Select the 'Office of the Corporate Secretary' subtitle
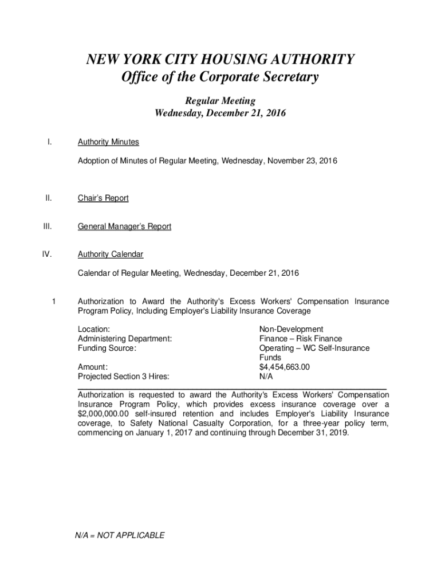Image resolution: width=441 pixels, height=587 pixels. [x=220, y=77]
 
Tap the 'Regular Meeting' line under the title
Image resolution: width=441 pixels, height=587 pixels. [x=220, y=101]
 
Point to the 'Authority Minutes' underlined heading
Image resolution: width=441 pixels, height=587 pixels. [x=108, y=142]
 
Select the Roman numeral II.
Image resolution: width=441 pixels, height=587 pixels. [x=49, y=198]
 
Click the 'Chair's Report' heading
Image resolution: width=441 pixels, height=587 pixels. [x=103, y=198]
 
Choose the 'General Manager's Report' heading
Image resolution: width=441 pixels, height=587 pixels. [x=124, y=226]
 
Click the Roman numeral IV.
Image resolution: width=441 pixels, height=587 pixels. [x=48, y=254]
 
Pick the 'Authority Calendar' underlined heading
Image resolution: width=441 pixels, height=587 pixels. [x=111, y=254]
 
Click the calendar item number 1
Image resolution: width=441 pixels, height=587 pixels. [x=53, y=301]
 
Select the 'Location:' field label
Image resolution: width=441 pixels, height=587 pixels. [x=94, y=329]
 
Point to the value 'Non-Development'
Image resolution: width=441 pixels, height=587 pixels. [x=291, y=329]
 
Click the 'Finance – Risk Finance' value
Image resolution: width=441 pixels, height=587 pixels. [x=300, y=339]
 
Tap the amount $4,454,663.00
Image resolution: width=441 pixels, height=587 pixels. [x=285, y=367]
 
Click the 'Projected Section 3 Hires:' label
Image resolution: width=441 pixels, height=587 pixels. [x=127, y=377]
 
